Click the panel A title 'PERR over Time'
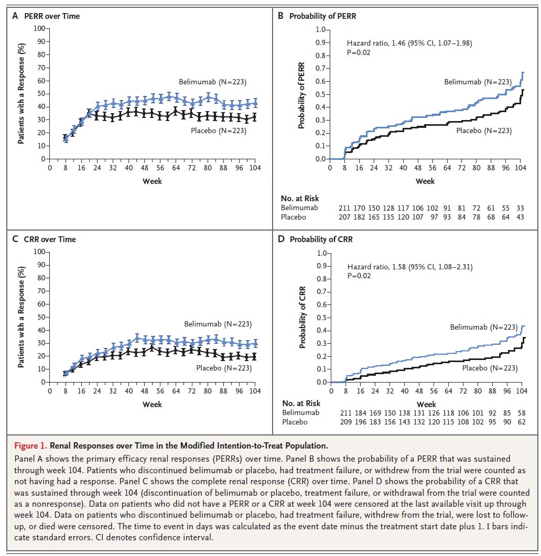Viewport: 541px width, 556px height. pyautogui.click(x=52, y=16)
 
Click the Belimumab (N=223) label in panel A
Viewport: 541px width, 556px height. pyautogui.click(x=212, y=82)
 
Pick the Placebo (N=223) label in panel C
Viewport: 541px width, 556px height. pyautogui.click(x=224, y=368)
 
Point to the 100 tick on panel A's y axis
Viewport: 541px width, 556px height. pyautogui.click(x=39, y=28)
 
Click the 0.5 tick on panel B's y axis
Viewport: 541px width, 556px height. pyautogui.click(x=320, y=94)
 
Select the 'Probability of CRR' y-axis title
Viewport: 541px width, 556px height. pyautogui.click(x=302, y=318)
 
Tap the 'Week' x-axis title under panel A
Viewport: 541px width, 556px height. pyautogui.click(x=152, y=181)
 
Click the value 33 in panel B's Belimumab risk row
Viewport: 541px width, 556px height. pyautogui.click(x=520, y=208)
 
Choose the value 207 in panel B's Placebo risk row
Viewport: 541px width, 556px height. pyautogui.click(x=344, y=217)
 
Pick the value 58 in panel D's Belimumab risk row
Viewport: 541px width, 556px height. pyautogui.click(x=522, y=413)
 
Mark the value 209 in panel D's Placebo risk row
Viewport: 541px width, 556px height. pyautogui.click(x=346, y=422)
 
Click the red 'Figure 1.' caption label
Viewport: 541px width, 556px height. pyautogui.click(x=30, y=446)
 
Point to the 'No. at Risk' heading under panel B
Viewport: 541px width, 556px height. pyautogui.click(x=300, y=199)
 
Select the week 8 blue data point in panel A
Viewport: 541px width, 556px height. pyautogui.click(x=66, y=139)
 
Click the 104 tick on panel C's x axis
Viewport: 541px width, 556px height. pyautogui.click(x=255, y=391)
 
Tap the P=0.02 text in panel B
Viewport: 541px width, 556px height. pyautogui.click(x=358, y=52)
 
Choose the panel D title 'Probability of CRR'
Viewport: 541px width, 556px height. pyautogui.click(x=321, y=239)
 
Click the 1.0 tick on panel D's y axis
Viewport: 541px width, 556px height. pyautogui.click(x=322, y=253)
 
